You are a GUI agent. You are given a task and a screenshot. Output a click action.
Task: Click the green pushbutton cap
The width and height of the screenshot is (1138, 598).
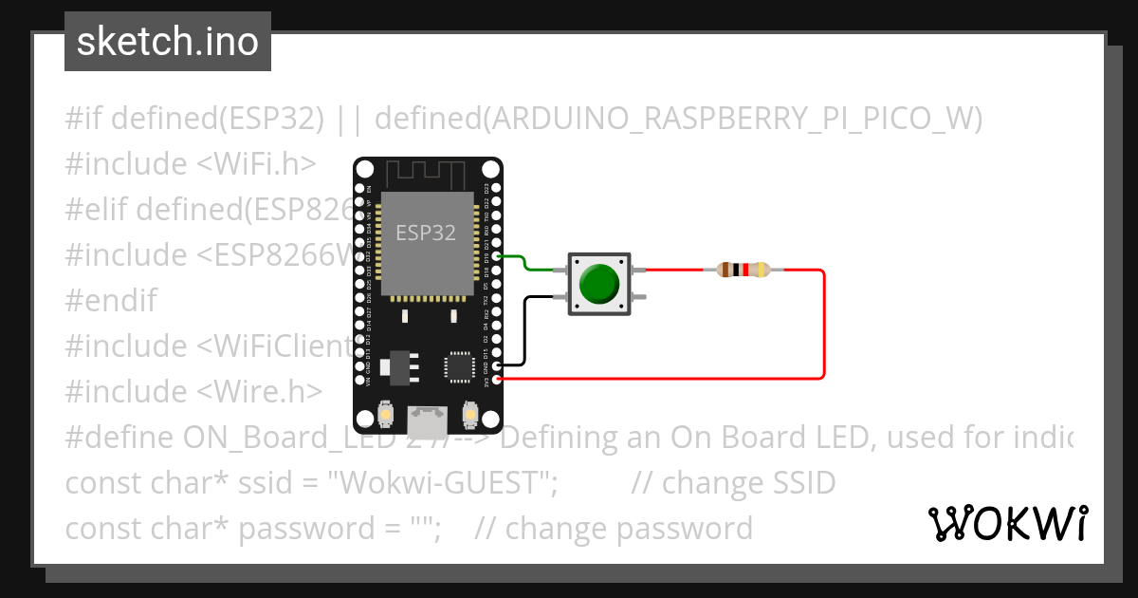(598, 284)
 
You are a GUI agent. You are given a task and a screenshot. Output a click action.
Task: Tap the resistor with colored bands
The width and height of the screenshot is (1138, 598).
(743, 270)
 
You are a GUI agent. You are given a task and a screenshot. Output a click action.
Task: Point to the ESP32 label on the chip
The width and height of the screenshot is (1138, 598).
(426, 233)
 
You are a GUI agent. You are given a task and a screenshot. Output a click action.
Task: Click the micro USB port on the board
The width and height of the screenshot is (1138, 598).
(427, 418)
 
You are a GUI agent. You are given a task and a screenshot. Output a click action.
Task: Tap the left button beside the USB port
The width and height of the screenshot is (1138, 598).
(386, 415)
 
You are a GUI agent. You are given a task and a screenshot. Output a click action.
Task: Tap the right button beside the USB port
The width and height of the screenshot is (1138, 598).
(468, 415)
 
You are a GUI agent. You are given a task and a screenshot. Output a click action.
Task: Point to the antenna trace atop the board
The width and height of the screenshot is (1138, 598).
(427, 173)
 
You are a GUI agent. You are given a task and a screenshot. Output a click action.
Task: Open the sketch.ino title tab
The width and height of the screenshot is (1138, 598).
(168, 42)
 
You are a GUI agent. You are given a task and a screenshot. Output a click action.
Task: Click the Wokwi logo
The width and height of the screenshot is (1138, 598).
(1007, 523)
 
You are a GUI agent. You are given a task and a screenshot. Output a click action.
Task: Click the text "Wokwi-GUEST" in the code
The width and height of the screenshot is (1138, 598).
(441, 482)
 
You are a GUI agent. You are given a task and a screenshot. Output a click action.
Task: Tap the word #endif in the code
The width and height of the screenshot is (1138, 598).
(111, 300)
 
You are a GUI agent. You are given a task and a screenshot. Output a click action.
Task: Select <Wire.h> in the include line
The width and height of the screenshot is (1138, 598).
(260, 391)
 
